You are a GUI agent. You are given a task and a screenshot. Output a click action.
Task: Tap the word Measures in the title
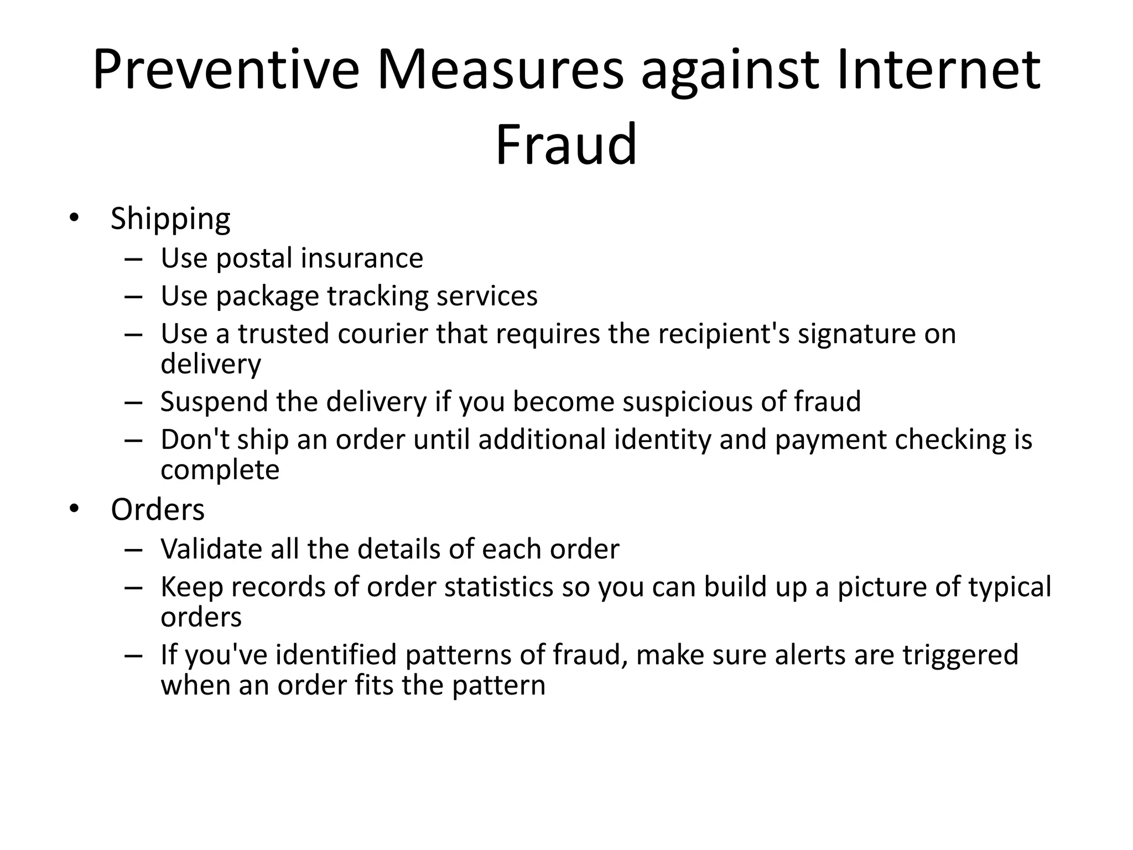pos(500,70)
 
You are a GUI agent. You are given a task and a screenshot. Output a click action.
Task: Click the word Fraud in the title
pos(566,144)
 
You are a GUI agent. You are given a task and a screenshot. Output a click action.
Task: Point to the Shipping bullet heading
pos(170,219)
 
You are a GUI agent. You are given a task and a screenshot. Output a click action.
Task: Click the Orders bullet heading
pos(158,510)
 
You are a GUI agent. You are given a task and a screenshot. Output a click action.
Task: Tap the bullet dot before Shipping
pos(74,217)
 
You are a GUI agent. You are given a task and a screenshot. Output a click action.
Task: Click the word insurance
pos(362,258)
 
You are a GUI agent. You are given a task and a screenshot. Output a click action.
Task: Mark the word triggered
pos(960,655)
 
